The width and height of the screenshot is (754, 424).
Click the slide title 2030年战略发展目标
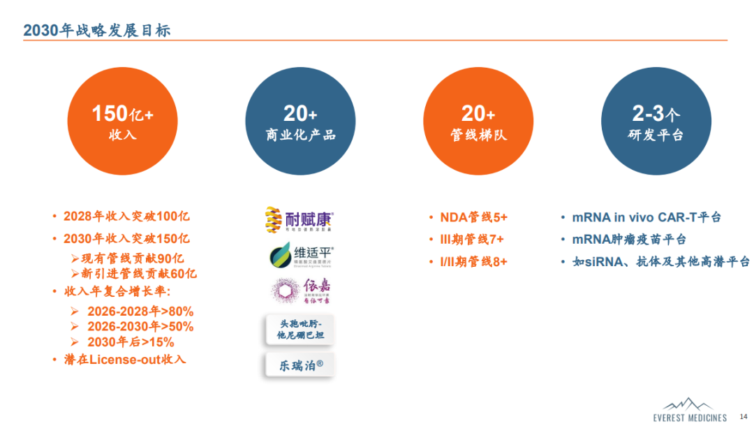coord(97,30)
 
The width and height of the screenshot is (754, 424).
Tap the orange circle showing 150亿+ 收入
coord(122,122)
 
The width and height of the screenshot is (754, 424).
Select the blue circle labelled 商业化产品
coord(300,122)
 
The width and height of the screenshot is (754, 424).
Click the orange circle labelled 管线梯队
coord(478,122)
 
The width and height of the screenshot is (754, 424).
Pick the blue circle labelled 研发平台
coord(656,122)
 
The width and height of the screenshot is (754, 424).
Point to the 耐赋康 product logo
coord(300,220)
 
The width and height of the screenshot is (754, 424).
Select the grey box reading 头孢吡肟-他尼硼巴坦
coord(300,330)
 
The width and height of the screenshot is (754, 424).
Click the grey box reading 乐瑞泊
coord(300,365)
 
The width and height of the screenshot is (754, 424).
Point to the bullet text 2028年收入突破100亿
coord(126,217)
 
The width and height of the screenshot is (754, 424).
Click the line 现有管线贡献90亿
coord(133,258)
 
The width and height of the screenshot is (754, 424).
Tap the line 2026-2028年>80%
coord(140,311)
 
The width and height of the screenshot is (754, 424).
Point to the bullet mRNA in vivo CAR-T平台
coord(646,217)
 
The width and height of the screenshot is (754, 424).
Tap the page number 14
coord(743,416)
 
